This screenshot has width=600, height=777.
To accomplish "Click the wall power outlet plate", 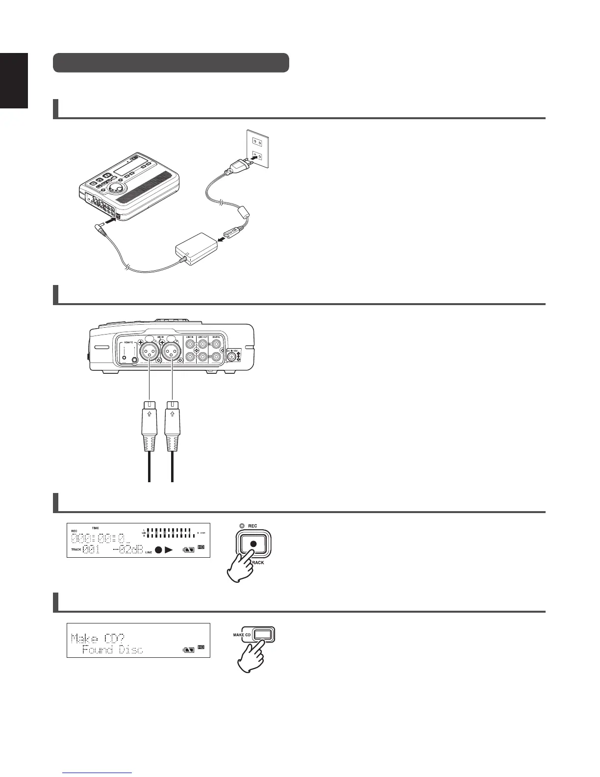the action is tap(257, 149).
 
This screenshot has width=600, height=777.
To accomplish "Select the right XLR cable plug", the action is tap(172, 427).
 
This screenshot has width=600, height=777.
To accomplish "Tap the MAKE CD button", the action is tap(263, 635).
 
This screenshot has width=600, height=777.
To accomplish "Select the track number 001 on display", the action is tap(91, 549).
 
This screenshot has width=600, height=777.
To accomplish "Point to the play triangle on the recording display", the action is tap(169, 550).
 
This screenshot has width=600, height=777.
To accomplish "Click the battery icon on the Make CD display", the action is tap(189, 650).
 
